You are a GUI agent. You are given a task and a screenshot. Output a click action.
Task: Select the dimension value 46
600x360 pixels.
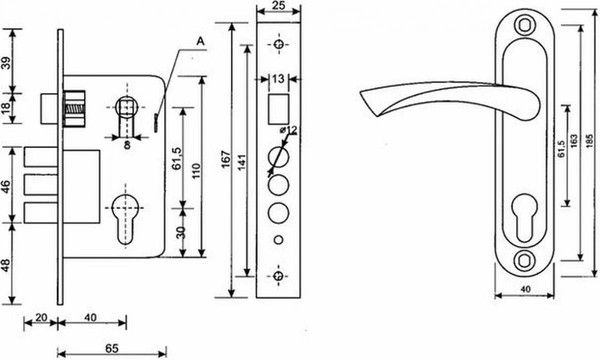9,187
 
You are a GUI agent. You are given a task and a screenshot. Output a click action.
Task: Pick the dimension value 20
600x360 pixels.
40,316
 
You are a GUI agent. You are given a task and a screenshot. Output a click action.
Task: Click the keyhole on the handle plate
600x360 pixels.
523,217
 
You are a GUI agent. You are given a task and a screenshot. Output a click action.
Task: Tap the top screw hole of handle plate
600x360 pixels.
522,21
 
